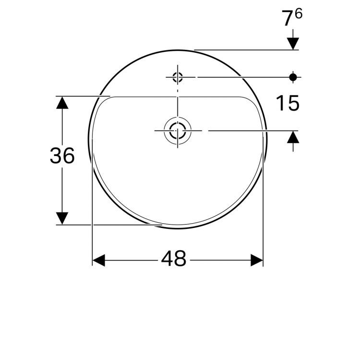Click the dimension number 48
point(173,259)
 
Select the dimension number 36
point(62,156)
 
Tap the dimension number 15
point(288,103)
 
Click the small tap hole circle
point(178,76)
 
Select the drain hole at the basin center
point(178,130)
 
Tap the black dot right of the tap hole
point(293,76)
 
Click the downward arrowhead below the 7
point(293,43)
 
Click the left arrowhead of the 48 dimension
point(98,260)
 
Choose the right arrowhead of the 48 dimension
point(257,260)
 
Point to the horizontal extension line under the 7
point(245,49)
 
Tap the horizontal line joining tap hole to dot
point(240,76)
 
